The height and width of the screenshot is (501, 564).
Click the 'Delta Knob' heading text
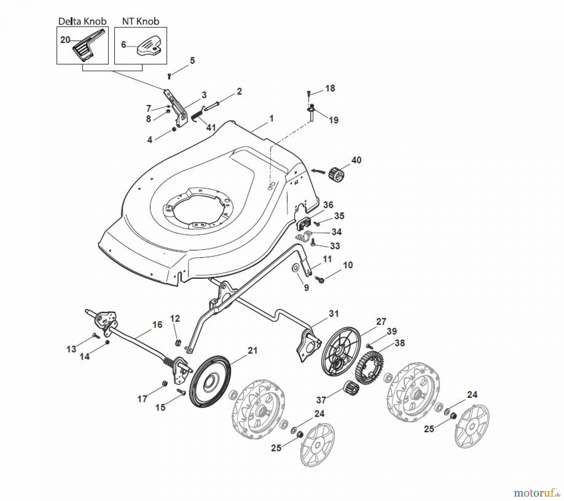[82, 21]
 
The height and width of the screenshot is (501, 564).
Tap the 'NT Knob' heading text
[140, 21]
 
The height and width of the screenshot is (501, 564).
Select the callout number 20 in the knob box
[65, 40]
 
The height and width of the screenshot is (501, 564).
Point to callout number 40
[356, 160]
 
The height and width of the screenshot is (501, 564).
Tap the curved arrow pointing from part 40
[318, 171]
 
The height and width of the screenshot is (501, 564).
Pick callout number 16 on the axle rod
[157, 325]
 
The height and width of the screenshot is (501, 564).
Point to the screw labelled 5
[170, 75]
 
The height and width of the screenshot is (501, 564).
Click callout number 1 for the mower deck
[271, 118]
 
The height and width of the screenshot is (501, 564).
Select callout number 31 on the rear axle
[334, 313]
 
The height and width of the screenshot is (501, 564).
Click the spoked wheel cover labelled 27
[340, 351]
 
